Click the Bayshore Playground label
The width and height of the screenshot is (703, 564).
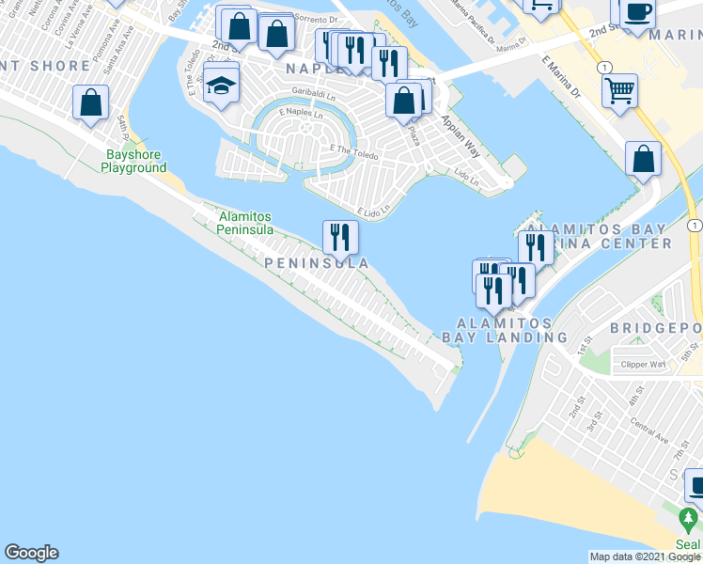[135, 161]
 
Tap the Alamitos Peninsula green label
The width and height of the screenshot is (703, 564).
[246, 222]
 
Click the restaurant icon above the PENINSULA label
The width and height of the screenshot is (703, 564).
[340, 238]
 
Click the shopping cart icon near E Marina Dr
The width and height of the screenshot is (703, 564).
[619, 92]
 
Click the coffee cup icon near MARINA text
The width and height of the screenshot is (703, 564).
[638, 12]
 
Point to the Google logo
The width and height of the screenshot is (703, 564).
[31, 553]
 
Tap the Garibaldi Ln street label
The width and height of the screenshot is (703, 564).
[314, 91]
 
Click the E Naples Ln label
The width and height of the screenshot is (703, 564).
[299, 113]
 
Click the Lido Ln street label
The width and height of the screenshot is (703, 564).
[467, 176]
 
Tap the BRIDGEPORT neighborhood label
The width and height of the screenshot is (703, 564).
[655, 327]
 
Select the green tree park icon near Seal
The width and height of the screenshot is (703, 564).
[689, 519]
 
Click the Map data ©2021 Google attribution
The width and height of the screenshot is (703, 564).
[645, 556]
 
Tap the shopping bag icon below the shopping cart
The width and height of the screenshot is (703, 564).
[644, 158]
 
